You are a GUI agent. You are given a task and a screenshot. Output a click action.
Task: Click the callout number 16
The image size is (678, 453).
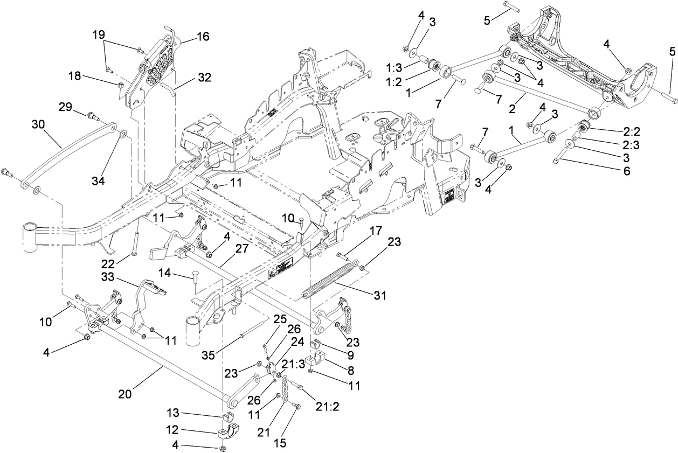click(203, 37)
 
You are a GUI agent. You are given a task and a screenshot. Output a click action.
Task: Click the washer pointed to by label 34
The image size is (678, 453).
click(122, 133)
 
